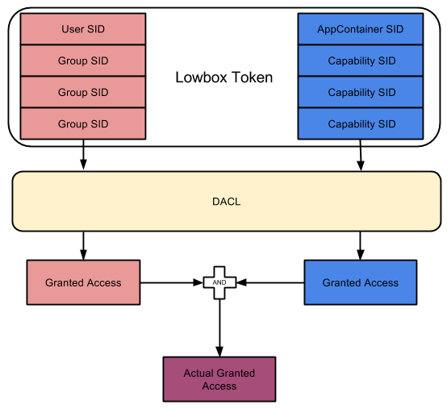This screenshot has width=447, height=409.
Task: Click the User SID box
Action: tap(83, 29)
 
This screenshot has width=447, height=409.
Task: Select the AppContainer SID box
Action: tap(361, 29)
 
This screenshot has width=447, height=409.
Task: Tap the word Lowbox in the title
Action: tap(200, 77)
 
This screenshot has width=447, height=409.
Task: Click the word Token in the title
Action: tap(252, 77)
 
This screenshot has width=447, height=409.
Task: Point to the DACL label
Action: tap(227, 202)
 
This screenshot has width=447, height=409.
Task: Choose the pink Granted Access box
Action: tap(83, 282)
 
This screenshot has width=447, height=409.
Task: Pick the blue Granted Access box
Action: tap(361, 282)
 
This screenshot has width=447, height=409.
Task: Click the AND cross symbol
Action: tap(219, 282)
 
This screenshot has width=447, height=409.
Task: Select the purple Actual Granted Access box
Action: tap(219, 379)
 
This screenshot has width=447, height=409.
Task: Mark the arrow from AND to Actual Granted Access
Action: tap(219, 328)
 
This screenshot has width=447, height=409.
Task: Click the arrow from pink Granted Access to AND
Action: tap(171, 282)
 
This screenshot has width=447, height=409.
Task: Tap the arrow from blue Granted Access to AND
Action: tap(270, 282)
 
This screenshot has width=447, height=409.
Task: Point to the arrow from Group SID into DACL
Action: tap(83, 154)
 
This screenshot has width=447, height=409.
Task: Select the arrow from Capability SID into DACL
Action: tap(361, 155)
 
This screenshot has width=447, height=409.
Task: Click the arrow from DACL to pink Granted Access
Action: tap(83, 246)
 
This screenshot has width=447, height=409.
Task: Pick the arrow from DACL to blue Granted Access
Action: tap(361, 246)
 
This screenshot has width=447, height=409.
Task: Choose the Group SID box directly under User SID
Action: tap(83, 61)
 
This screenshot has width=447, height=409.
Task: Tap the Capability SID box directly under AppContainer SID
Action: tap(361, 61)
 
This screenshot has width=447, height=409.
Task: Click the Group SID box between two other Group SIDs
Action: tap(83, 92)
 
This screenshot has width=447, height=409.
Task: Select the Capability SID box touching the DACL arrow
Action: tap(361, 123)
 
